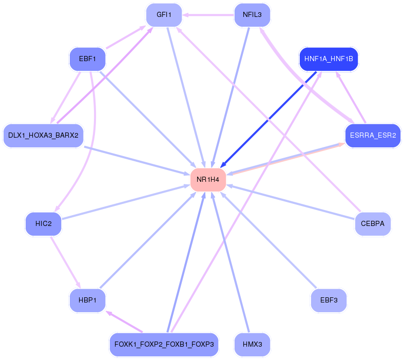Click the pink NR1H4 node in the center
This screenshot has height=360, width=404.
coord(208,180)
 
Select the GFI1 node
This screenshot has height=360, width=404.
coord(164,15)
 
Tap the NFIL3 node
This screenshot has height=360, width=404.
coord(252,15)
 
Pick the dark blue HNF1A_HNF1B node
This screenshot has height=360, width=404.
coord(329,59)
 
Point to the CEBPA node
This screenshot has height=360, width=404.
coord(373,224)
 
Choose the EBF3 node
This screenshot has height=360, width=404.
coord(329,300)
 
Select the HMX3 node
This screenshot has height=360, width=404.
coord(252,345)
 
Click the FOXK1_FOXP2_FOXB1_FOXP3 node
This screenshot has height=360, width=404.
coord(164,345)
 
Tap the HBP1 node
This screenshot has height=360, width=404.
coord(87,300)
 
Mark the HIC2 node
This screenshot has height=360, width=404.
coord(43,224)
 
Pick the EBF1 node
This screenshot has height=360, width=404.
coord(87,59)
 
